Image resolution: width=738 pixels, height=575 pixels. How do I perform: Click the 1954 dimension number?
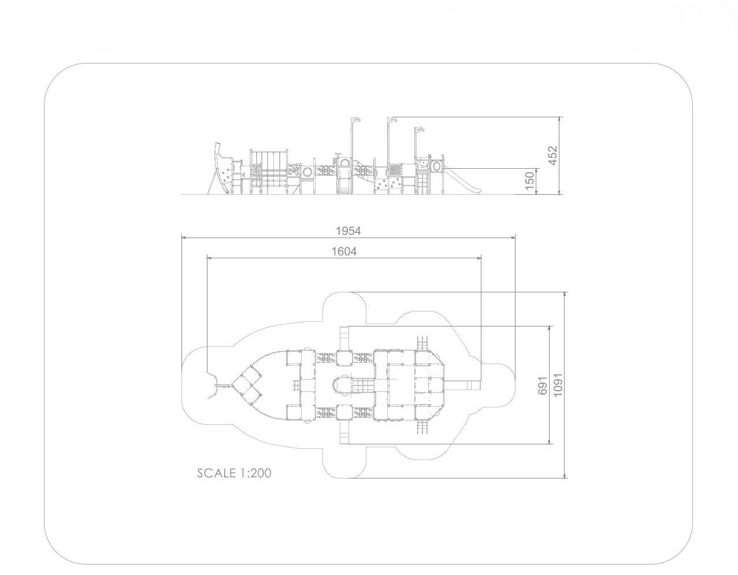(x=348, y=231)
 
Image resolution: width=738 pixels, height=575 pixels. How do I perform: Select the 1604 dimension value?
(x=344, y=251)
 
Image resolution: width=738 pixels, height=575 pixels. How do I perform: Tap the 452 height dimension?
(x=553, y=155)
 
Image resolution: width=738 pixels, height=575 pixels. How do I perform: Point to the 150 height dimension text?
(x=530, y=180)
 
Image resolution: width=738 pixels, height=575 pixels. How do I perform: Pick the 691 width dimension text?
(x=543, y=385)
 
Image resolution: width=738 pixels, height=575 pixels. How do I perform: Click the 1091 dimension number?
(x=558, y=385)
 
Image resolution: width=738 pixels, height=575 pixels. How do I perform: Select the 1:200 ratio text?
(x=256, y=473)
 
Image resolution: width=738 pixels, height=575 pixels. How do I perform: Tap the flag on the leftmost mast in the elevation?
(x=356, y=119)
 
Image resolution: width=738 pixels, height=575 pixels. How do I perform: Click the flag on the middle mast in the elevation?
(x=392, y=120)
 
